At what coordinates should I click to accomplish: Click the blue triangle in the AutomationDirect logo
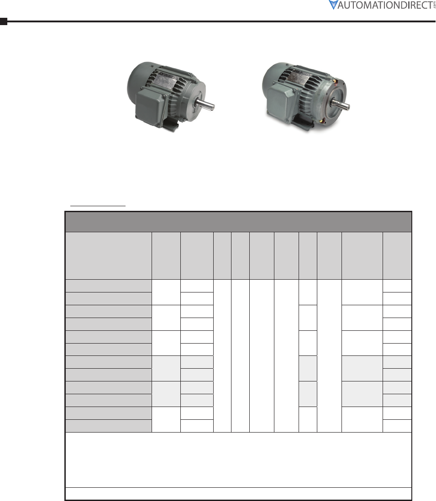[333, 5]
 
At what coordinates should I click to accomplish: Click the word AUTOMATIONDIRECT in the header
[385, 5]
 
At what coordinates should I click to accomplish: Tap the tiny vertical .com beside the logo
[434, 5]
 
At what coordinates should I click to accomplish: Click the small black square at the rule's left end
[4, 21]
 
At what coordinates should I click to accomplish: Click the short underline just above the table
[98, 206]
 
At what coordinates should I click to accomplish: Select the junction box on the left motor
[150, 107]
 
